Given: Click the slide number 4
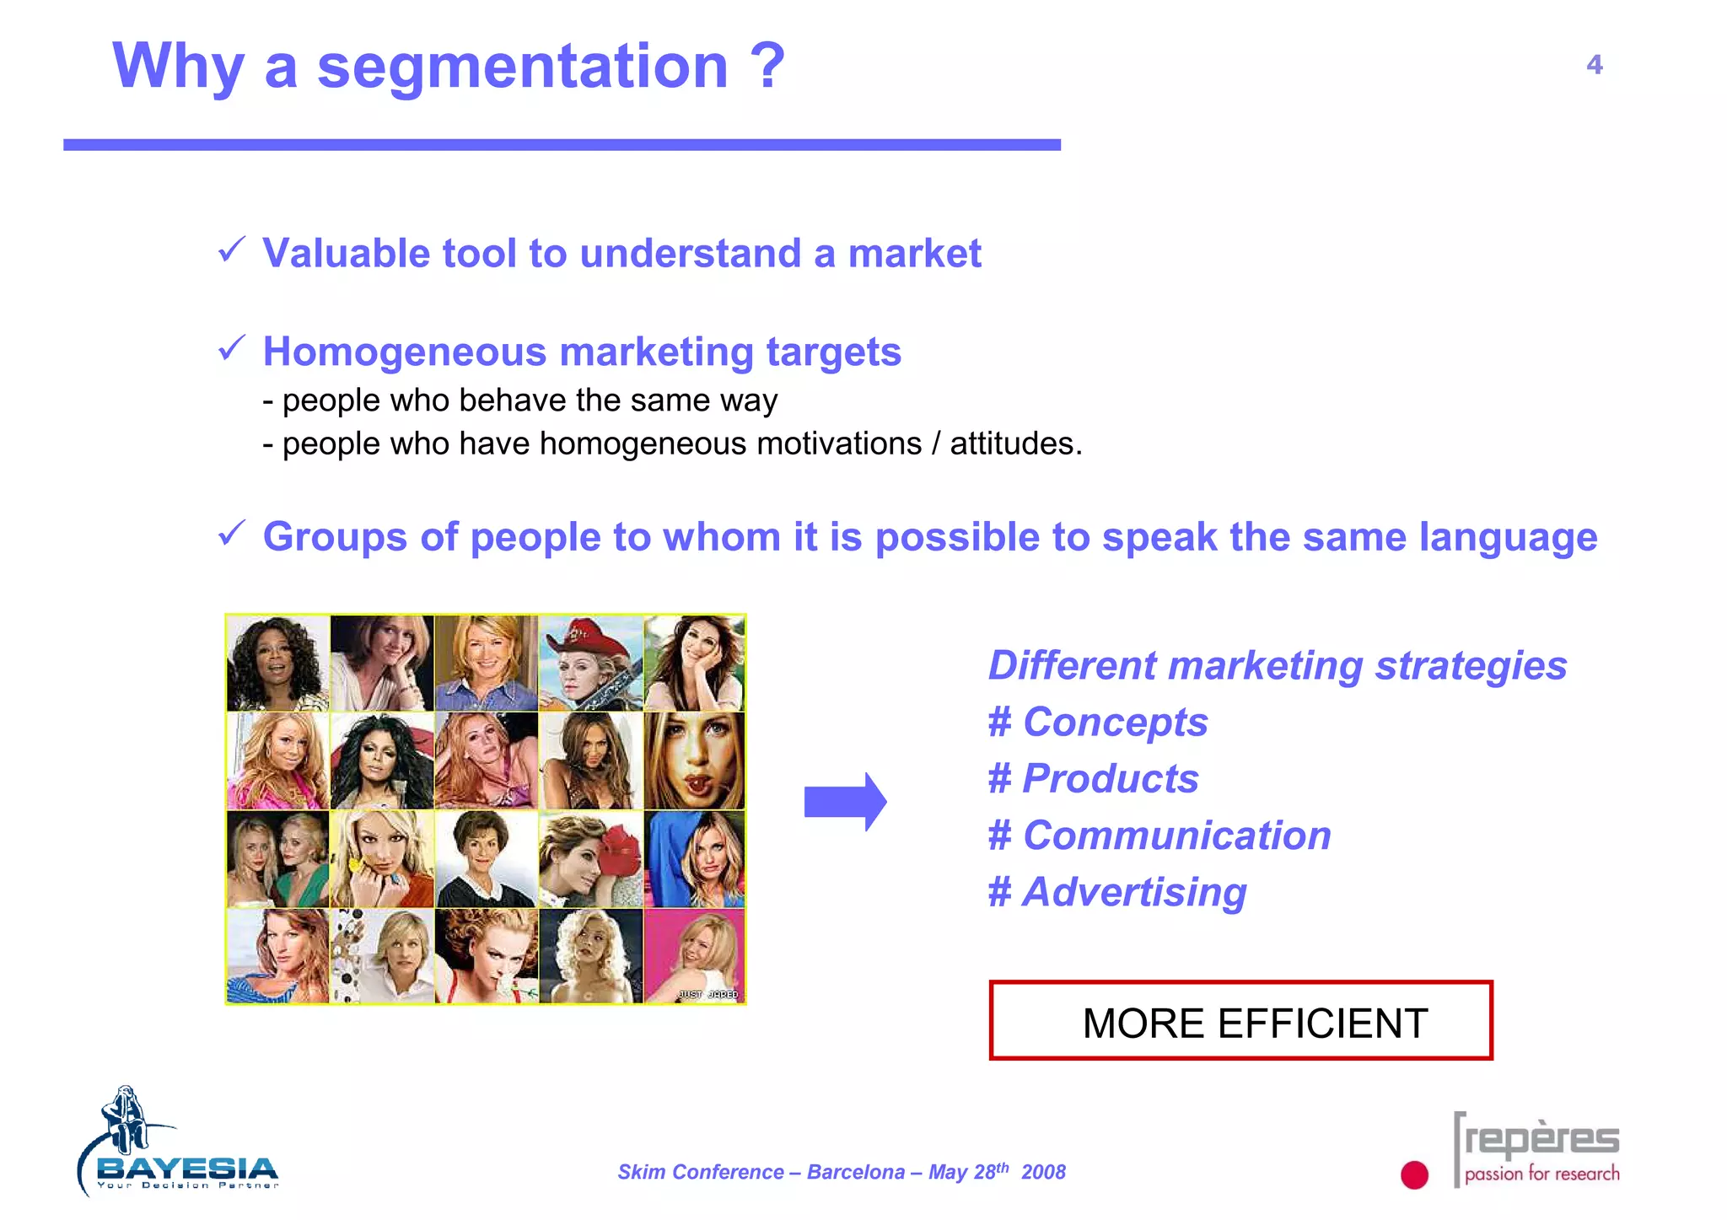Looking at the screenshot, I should (1593, 65).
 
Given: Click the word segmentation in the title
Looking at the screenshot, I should (522, 67).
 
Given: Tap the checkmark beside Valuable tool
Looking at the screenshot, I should (231, 250).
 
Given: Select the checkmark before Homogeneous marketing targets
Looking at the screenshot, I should (231, 347).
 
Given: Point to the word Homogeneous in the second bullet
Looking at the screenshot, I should (405, 352).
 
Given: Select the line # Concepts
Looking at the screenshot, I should (1097, 723).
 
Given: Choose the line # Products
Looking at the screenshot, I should (1093, 779).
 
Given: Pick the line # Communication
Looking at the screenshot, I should (1159, 836).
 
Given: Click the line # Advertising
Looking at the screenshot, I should (1116, 892).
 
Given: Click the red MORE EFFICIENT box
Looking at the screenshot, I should (1240, 1020).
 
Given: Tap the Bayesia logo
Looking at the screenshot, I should (177, 1147).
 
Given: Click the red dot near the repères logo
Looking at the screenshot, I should (1414, 1174).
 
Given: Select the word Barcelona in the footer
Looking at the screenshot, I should (855, 1173).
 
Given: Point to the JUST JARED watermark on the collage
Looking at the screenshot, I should (707, 994).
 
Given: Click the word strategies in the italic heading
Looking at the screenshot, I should (1471, 666).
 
